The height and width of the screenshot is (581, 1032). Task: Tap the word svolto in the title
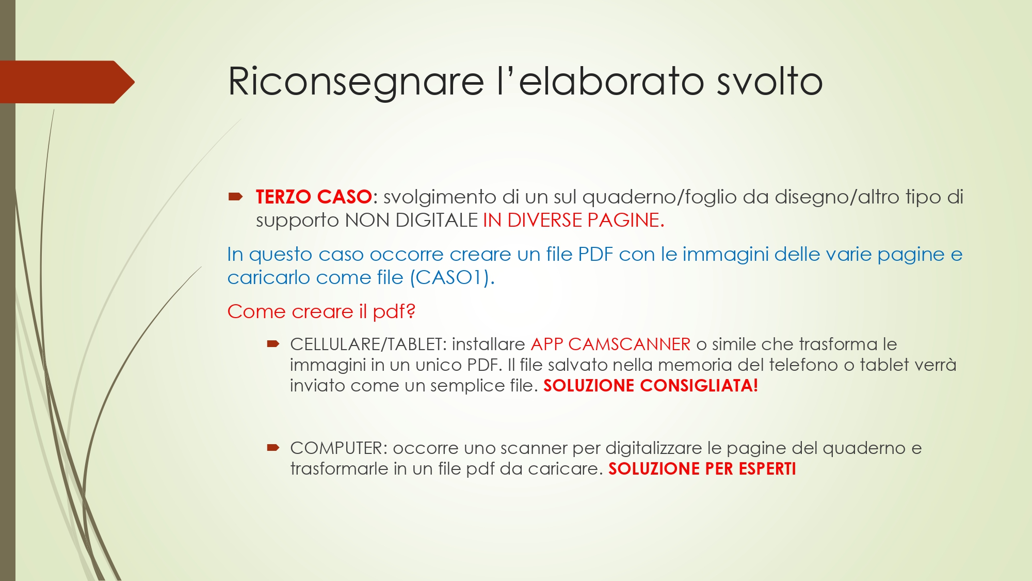click(769, 82)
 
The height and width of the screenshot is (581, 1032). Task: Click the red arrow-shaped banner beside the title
click(67, 82)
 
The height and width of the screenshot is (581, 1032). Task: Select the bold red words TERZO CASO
click(314, 197)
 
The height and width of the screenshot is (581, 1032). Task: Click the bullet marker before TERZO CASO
click(236, 196)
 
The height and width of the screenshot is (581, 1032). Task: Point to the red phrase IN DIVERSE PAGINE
click(573, 221)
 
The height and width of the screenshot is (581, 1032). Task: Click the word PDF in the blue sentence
click(595, 254)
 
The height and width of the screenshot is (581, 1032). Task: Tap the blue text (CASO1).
click(452, 278)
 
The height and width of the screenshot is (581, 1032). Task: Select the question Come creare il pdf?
click(321, 311)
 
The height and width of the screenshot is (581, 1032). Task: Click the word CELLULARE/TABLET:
click(368, 344)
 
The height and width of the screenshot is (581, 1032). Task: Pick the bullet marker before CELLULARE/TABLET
click(273, 343)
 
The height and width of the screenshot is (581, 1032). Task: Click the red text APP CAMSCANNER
click(610, 344)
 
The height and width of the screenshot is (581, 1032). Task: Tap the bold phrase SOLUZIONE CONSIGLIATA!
click(651, 386)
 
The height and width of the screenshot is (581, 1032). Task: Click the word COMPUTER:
click(338, 448)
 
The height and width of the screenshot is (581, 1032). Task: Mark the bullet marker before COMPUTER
click(273, 447)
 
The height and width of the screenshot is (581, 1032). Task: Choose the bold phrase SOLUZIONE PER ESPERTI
click(702, 469)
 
